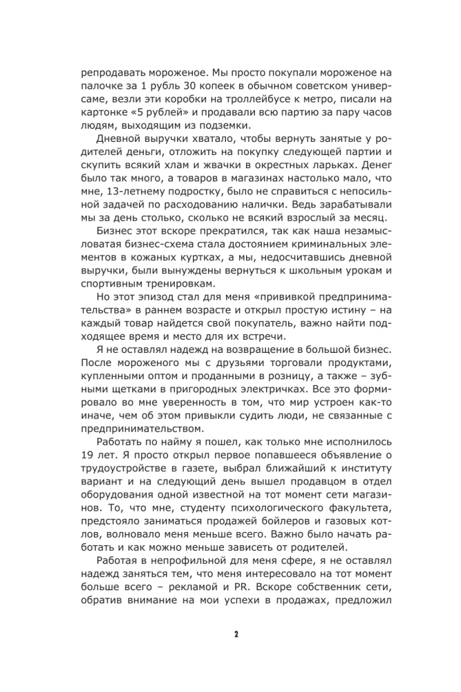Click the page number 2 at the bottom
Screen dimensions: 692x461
coord(236,635)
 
